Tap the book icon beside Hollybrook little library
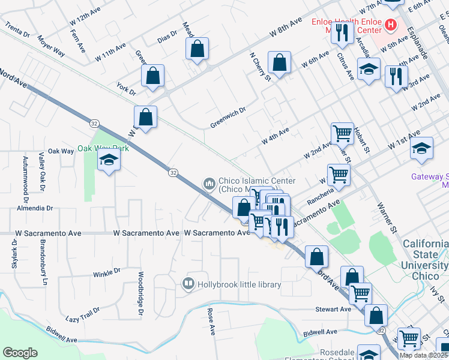click(188, 283)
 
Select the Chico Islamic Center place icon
click(209, 183)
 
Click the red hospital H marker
click(391, 25)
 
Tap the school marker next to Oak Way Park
click(109, 160)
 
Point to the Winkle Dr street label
click(107, 274)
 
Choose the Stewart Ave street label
click(333, 309)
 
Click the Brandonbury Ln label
click(44, 264)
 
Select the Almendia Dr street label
click(35, 208)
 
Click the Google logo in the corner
click(20, 353)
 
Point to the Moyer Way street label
click(51, 44)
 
